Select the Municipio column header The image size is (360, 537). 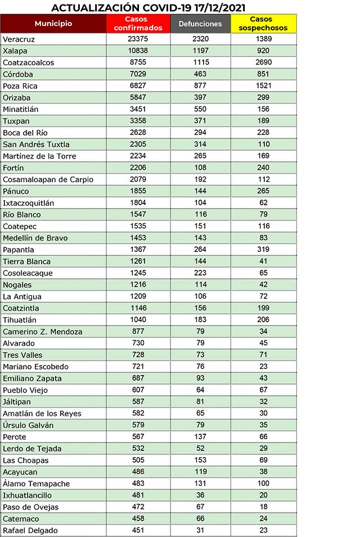click(x=53, y=24)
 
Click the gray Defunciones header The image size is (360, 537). click(x=200, y=24)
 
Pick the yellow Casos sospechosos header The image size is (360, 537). click(x=263, y=24)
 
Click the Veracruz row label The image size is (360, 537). click(x=19, y=39)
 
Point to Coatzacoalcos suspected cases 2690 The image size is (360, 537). click(x=263, y=62)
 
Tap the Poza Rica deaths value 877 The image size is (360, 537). click(x=200, y=85)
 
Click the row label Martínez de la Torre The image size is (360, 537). click(x=39, y=156)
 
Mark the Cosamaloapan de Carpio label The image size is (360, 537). click(x=48, y=179)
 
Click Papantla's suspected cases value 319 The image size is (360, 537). click(x=263, y=249)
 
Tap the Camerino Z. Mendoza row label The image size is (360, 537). click(x=43, y=332)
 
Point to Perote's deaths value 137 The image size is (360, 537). click(x=200, y=436)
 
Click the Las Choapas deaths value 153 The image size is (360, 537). click(x=200, y=460)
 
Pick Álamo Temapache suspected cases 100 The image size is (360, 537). click(x=263, y=484)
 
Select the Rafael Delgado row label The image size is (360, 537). click(x=30, y=530)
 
